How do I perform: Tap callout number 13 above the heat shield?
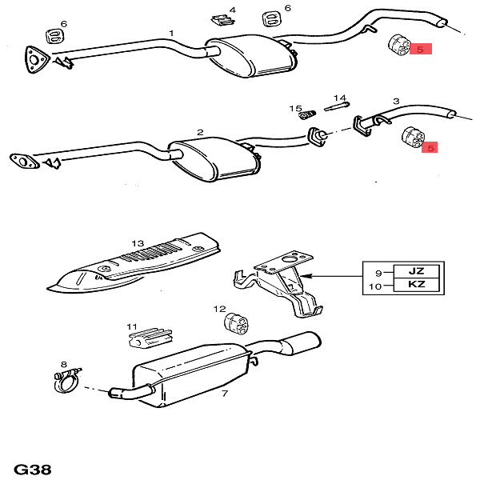coord(138,242)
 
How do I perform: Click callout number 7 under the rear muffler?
coord(225,393)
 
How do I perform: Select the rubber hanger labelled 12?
coord(236,323)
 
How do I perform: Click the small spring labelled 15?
coord(306,115)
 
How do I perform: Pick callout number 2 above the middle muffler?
coord(200,132)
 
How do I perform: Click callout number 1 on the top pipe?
coord(170,33)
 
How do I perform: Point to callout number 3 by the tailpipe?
coord(395,102)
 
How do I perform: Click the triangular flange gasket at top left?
coord(34,58)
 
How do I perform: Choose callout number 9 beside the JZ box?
coord(378,272)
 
